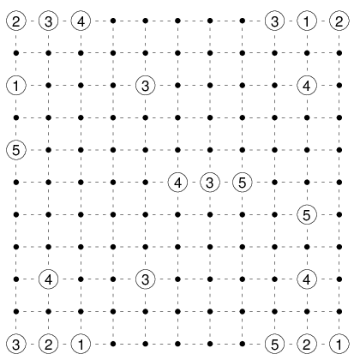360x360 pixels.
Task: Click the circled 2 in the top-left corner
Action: point(16,21)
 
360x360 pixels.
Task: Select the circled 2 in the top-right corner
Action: point(339,21)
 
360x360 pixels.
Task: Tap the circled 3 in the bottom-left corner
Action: point(16,344)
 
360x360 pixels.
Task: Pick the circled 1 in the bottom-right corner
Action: point(339,344)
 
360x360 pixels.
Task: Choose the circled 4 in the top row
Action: point(81,21)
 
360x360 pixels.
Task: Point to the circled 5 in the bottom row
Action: point(274,344)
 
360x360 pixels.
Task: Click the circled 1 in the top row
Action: point(307,21)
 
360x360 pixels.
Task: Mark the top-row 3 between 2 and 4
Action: point(49,21)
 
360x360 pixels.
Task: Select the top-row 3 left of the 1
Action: point(274,21)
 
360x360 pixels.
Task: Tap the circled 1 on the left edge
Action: point(16,86)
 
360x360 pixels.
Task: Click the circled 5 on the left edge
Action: point(16,150)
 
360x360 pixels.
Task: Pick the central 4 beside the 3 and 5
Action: point(177,183)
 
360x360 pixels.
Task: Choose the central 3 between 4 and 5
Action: point(210,183)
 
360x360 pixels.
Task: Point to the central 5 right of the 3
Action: point(243,183)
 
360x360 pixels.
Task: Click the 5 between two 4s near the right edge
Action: point(307,214)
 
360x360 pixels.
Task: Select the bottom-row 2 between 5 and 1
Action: point(307,344)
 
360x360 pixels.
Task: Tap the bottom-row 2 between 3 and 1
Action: point(49,344)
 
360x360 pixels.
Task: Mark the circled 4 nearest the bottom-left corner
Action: point(49,279)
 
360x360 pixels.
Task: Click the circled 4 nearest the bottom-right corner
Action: point(307,279)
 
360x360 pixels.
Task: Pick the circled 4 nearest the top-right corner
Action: point(307,86)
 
